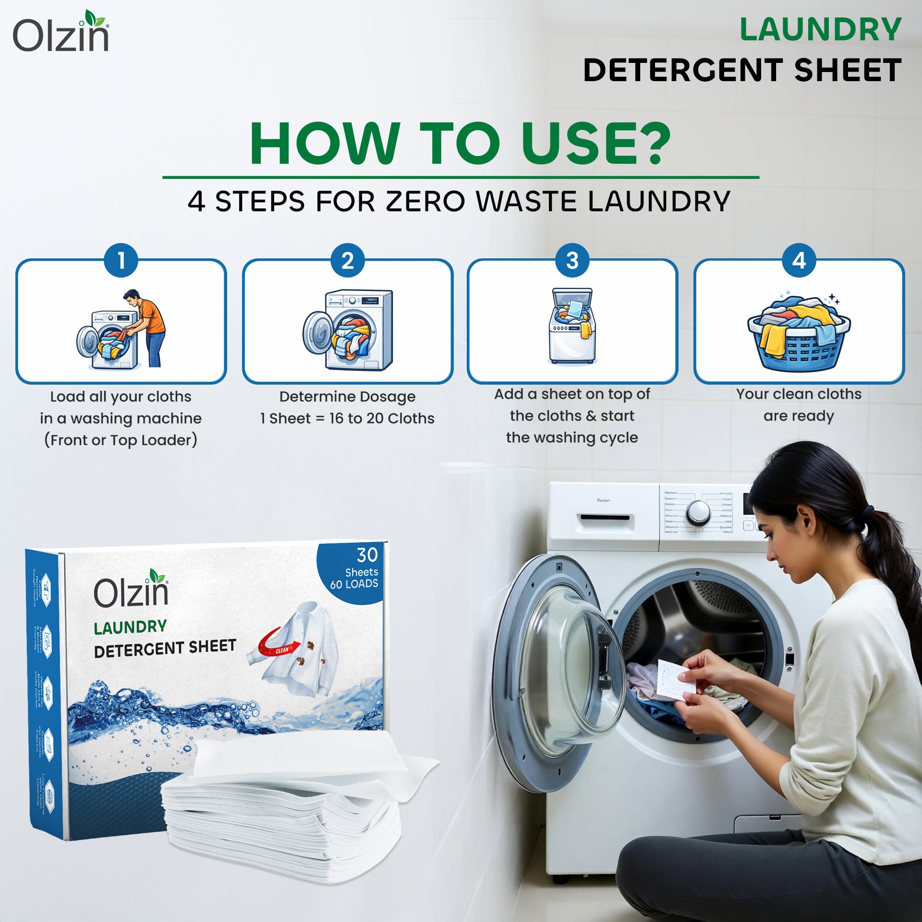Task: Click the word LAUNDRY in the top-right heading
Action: click(820, 30)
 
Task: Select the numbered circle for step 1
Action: click(121, 261)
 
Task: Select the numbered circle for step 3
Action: click(572, 261)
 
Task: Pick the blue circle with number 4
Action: click(799, 261)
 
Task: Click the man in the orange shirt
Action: click(146, 327)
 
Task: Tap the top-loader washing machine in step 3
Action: click(572, 327)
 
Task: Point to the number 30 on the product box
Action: click(367, 555)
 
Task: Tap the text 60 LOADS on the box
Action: click(354, 584)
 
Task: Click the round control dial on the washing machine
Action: click(697, 513)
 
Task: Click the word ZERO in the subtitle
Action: click(425, 201)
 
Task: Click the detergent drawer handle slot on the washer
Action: click(605, 517)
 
